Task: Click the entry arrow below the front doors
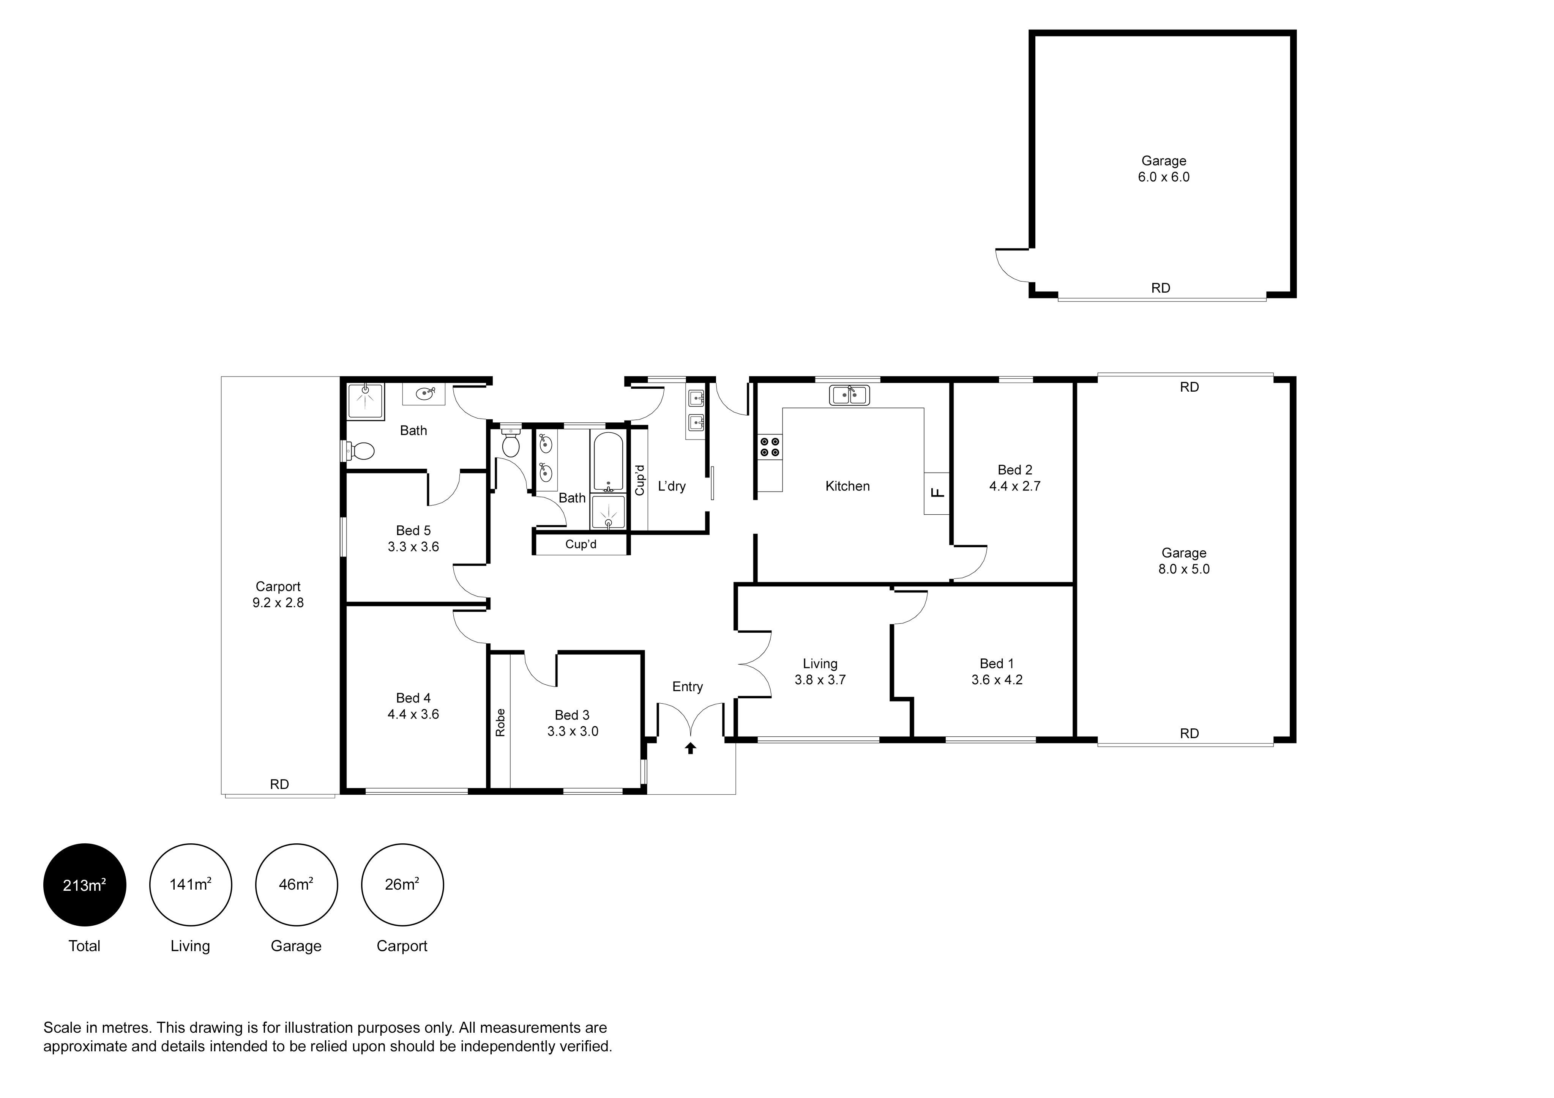click(690, 748)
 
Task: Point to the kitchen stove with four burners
click(770, 446)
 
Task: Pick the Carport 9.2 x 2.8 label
click(278, 595)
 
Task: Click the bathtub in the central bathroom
click(609, 462)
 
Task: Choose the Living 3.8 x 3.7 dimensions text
click(820, 679)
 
